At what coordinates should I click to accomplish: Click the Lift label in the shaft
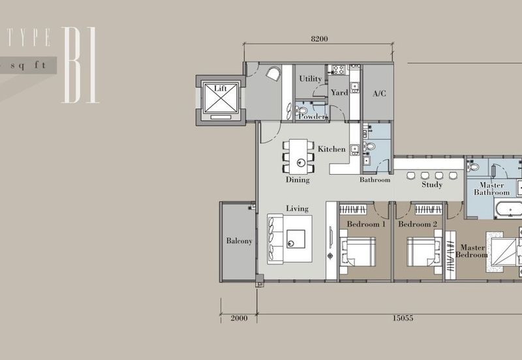(220, 89)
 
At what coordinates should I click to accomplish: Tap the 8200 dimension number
(319, 39)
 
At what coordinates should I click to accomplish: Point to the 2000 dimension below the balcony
(239, 318)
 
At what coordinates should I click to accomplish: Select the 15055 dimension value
(403, 318)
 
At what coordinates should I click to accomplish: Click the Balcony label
(239, 241)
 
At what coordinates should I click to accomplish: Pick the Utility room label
(311, 79)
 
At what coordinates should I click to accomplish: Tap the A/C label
(379, 93)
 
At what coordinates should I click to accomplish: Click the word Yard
(339, 93)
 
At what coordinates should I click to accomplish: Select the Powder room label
(312, 117)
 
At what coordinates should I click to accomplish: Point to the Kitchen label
(331, 149)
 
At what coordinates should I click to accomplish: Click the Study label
(432, 185)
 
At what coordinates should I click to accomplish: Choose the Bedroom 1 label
(366, 224)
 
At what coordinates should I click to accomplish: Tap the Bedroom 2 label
(418, 224)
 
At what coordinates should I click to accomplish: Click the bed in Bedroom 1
(358, 251)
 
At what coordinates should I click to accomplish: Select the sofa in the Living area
(275, 239)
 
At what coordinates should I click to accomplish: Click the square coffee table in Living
(296, 239)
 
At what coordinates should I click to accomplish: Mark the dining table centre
(298, 157)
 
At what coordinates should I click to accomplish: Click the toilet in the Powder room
(301, 110)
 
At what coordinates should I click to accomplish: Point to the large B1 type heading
(80, 65)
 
